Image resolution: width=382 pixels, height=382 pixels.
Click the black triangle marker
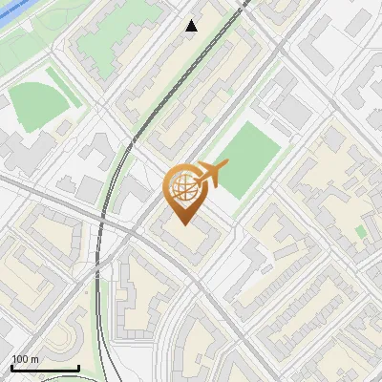coord(191,26)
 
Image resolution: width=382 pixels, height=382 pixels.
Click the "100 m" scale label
coord(26,359)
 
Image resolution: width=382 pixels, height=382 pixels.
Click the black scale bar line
coord(45,368)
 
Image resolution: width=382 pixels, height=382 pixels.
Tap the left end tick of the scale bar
coord(11,366)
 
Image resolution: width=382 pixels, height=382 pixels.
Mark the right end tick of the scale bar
coord(78,366)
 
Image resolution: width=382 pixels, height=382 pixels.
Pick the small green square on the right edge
coord(361,232)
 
